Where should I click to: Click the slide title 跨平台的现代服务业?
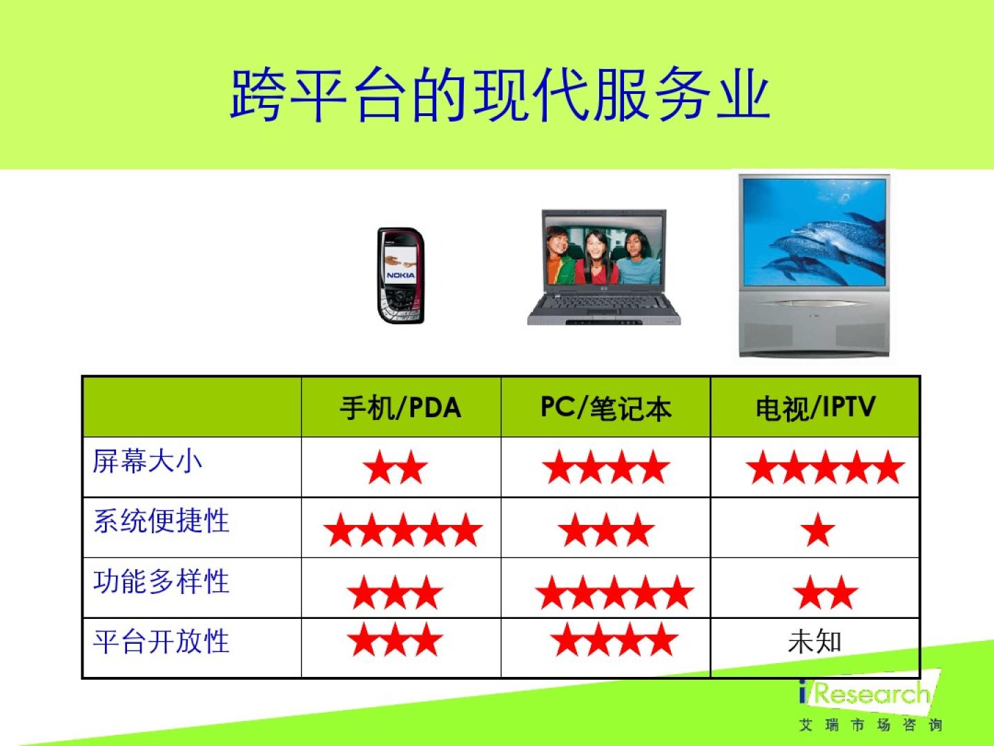point(500,94)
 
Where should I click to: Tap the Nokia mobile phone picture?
point(400,276)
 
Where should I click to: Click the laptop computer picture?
point(604,267)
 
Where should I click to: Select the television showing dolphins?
point(815,266)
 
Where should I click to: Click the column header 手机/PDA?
point(400,408)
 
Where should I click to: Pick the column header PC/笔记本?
point(606,408)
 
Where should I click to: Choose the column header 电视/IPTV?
point(816,408)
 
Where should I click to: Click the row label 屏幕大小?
point(147,461)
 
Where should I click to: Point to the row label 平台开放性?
point(162,642)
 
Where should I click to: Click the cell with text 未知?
point(815,642)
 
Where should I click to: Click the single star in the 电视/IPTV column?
point(818,530)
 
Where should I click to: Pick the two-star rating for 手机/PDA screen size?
point(396,468)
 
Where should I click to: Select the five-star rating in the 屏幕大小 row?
point(825,468)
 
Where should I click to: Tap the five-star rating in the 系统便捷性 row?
point(403,530)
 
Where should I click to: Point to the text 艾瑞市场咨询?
point(870,725)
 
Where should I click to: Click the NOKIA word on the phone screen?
point(400,275)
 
